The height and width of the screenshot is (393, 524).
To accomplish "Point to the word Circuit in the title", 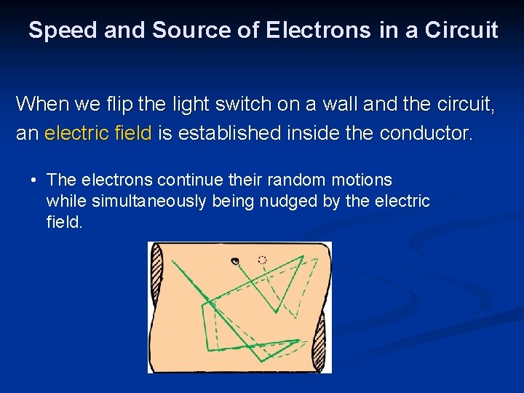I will point(461,31).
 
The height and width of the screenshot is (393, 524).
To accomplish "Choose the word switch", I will point(248,104).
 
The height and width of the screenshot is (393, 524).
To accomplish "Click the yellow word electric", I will point(74,133).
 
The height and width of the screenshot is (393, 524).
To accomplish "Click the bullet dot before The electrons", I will point(33,180).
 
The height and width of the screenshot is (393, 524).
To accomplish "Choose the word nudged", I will point(286,201).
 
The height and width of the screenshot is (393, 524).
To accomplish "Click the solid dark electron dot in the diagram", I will point(235,261).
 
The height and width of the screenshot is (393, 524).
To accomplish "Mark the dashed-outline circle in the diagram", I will point(262,260).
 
